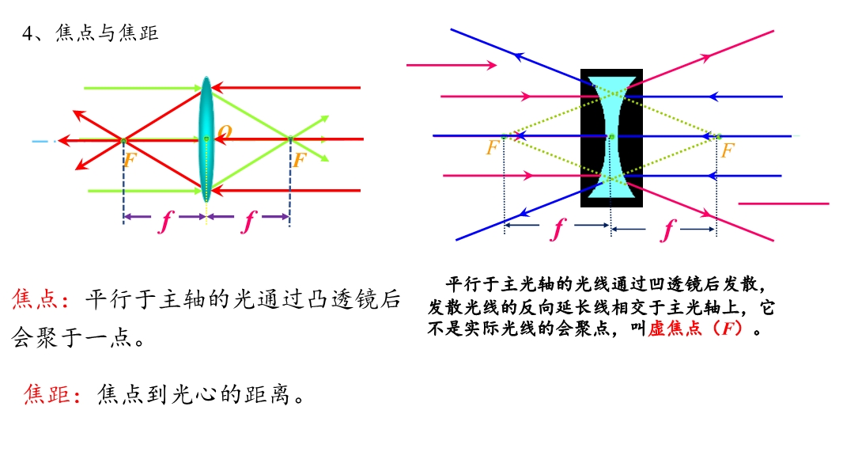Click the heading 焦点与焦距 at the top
[107, 32]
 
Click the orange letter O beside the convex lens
[225, 131]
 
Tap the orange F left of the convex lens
[130, 159]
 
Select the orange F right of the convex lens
[300, 159]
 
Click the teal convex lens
[206, 139]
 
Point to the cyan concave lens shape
[611, 138]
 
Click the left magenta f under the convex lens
[165, 221]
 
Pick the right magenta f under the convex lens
[248, 221]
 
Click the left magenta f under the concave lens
[558, 229]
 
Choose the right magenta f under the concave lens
[668, 230]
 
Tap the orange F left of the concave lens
[493, 147]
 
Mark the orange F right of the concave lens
[728, 150]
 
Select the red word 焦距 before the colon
[47, 393]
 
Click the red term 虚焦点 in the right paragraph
[675, 328]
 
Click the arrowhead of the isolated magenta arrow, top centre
[492, 65]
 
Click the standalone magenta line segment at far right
[784, 204]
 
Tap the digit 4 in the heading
[28, 33]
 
